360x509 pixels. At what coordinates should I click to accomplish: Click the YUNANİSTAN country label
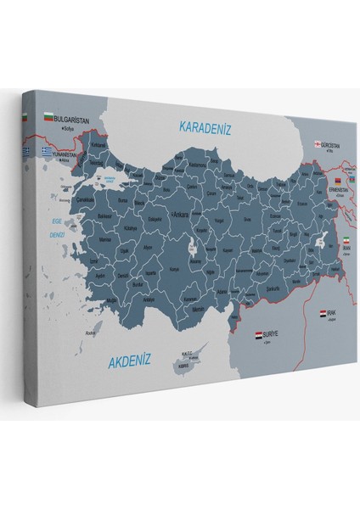[48, 155]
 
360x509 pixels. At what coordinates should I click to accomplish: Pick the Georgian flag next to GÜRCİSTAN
[319, 144]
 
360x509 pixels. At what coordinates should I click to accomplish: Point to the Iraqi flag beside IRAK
[323, 315]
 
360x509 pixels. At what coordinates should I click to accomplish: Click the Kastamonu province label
[198, 165]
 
